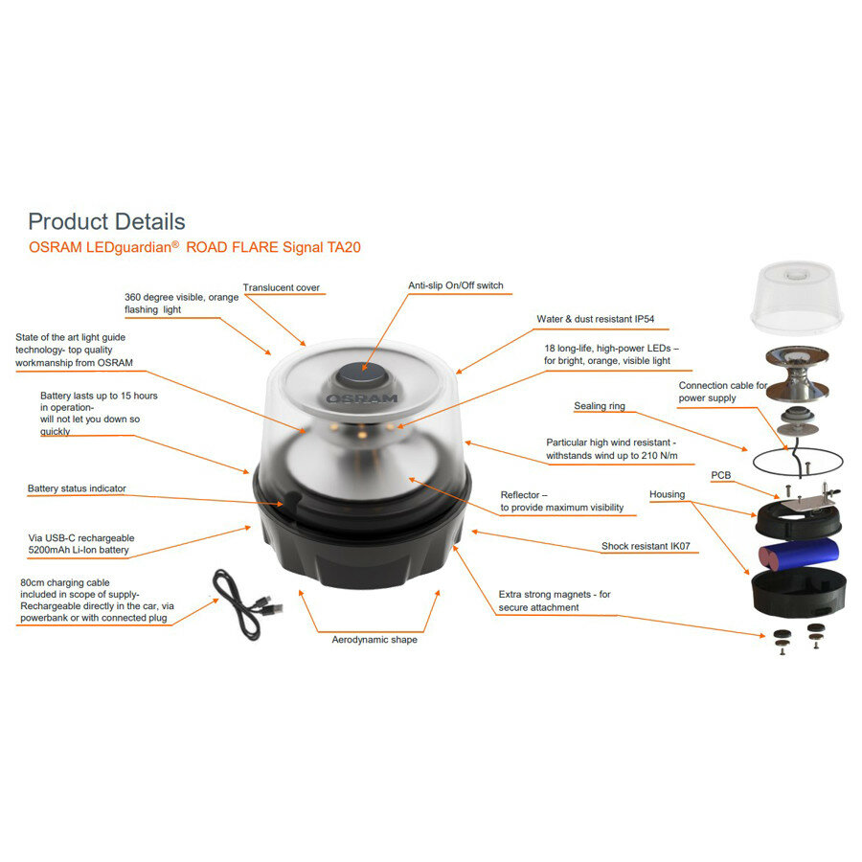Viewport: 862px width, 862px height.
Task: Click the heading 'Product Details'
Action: pyautogui.click(x=106, y=222)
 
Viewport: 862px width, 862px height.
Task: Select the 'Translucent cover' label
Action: pyautogui.click(x=281, y=287)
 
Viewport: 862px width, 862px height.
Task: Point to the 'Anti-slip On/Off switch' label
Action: pyautogui.click(x=455, y=285)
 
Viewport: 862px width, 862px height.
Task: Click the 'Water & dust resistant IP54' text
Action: pyautogui.click(x=595, y=319)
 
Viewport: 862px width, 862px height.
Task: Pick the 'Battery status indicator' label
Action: pyautogui.click(x=77, y=488)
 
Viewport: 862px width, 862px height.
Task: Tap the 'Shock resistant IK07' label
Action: pyautogui.click(x=646, y=546)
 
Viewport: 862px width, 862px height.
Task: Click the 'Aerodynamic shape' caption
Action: pyautogui.click(x=374, y=639)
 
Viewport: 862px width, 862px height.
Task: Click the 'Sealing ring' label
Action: pyautogui.click(x=600, y=406)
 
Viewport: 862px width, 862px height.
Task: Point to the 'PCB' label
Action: pyautogui.click(x=721, y=475)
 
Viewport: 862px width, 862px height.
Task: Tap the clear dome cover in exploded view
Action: pyautogui.click(x=796, y=296)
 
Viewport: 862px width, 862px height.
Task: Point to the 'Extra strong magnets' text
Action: pyautogui.click(x=554, y=594)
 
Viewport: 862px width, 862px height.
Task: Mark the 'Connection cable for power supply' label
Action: pyautogui.click(x=723, y=391)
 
